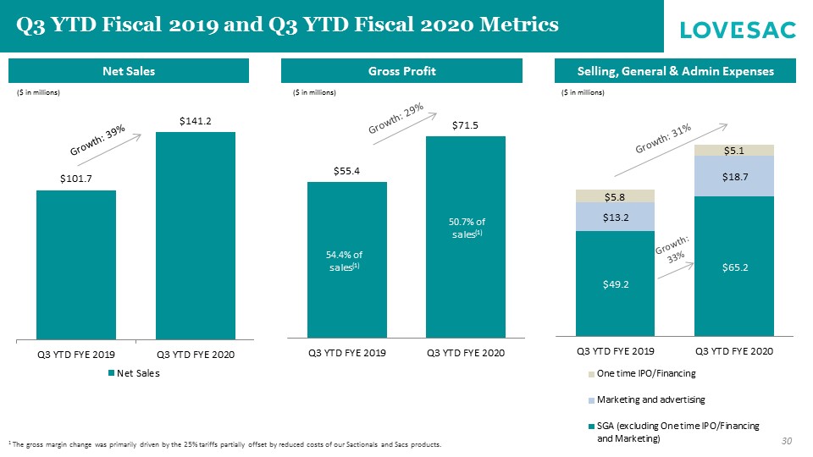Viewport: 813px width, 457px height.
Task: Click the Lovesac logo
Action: coord(738,30)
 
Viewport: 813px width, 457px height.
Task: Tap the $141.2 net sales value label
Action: coord(195,122)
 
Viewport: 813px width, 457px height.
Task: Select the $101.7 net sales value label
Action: coord(75,179)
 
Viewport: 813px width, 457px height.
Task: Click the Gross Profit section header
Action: coord(402,71)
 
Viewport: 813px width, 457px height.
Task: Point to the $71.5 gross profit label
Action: coord(465,125)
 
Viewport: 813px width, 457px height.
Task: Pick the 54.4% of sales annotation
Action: coord(346,260)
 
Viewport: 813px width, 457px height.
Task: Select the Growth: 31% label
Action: coord(663,139)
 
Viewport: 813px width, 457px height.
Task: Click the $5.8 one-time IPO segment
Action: coord(615,196)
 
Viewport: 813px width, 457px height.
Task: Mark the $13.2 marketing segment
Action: coord(615,217)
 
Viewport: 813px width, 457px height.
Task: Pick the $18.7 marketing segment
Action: coord(734,177)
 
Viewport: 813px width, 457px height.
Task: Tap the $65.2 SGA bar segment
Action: coord(734,267)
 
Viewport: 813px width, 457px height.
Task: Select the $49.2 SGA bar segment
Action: coord(615,284)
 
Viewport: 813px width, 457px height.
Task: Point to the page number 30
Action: coord(787,440)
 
